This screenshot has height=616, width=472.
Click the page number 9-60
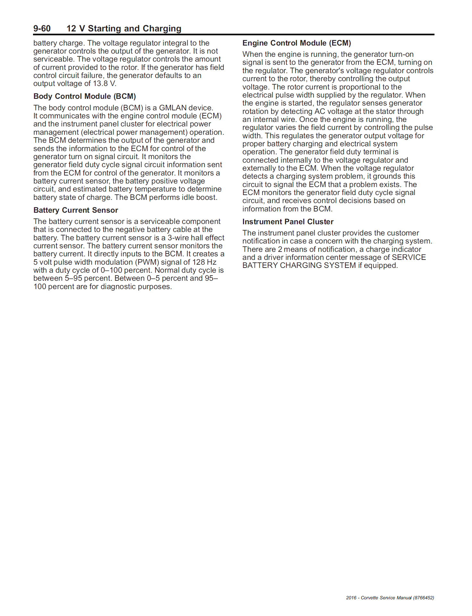42,29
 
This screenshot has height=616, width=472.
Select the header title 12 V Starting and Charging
124,29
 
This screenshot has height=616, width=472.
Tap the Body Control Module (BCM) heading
85,96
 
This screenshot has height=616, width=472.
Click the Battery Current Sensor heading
76,210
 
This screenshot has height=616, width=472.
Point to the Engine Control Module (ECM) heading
297,43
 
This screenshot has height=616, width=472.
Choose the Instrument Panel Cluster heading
288,222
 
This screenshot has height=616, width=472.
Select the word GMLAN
172,108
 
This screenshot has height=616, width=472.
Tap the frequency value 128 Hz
205,262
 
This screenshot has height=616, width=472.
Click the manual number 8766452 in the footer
423,598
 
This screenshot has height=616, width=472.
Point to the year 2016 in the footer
351,598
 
